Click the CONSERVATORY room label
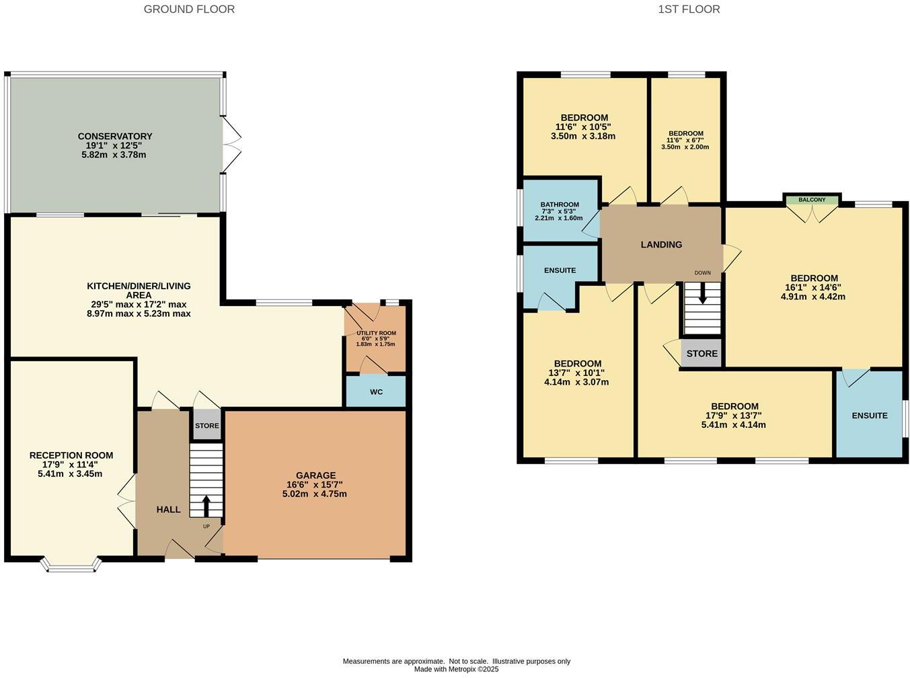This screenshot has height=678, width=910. click(115, 137)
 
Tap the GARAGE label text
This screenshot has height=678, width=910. click(315, 476)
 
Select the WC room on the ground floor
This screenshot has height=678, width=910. click(376, 391)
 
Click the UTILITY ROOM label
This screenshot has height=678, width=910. click(376, 333)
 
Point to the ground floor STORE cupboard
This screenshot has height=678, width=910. click(207, 426)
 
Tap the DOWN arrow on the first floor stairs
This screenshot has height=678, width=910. click(702, 294)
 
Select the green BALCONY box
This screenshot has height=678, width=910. click(812, 200)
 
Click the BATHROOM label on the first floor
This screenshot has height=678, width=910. click(559, 205)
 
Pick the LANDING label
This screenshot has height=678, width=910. click(661, 245)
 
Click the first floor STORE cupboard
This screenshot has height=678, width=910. click(702, 354)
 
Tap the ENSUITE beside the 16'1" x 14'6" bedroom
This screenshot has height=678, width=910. click(869, 416)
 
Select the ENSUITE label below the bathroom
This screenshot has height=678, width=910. click(560, 270)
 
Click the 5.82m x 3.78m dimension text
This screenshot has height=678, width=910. click(115, 155)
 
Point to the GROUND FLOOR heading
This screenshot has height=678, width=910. click(189, 9)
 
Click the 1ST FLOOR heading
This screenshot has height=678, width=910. click(689, 9)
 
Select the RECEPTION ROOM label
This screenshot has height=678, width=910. click(71, 455)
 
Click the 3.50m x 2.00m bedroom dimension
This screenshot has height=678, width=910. click(685, 147)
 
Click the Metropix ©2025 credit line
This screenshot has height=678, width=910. click(456, 669)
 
